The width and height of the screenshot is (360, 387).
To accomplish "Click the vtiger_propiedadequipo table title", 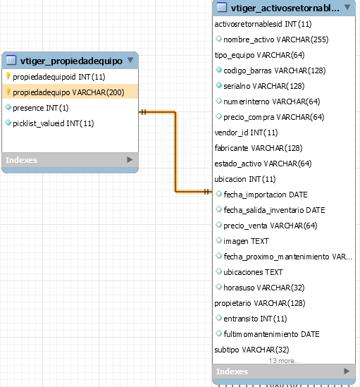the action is tap(71, 61).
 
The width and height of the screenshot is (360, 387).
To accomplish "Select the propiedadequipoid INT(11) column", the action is tap(59, 77).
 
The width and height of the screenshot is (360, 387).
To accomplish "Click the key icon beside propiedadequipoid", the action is tap(8, 76).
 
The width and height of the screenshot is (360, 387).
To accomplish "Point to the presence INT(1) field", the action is tap(41, 108).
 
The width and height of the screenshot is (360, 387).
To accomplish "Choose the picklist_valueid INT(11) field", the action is tap(54, 123).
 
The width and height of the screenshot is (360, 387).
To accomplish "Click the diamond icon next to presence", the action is tap(8, 107).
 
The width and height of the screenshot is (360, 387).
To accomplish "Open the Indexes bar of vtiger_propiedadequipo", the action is tap(70, 160).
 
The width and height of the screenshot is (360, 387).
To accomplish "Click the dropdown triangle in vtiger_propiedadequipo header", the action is tap(130, 60).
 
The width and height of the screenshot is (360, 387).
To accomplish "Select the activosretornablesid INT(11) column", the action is tap(263, 24).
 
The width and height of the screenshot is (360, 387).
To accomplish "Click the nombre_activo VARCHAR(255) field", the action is tap(276, 39).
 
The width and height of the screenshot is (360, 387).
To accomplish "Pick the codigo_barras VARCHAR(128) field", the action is tap(274, 70).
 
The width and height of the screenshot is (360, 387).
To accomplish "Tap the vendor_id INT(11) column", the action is tap(246, 133).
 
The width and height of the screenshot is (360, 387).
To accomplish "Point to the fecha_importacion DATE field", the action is tap(266, 195).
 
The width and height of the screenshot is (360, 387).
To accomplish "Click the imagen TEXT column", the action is tap(246, 241).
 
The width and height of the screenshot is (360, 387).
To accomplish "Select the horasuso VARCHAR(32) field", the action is tap(264, 288).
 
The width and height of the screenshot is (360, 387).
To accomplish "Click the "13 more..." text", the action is tap(284, 361).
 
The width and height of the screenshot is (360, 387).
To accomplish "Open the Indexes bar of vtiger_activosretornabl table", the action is tap(284, 371).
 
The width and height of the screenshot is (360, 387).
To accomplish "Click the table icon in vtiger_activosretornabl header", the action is tap(222, 7).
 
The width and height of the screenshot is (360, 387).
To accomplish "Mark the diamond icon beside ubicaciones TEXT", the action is tap(218, 271).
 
